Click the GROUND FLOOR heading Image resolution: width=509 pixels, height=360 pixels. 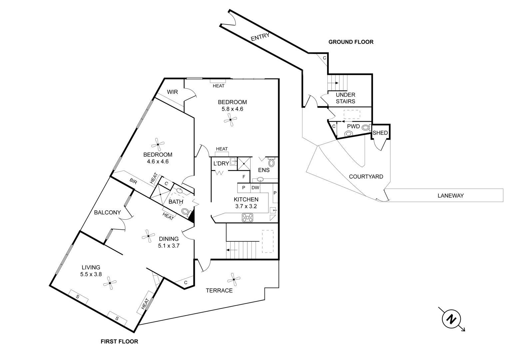[x=351, y=42]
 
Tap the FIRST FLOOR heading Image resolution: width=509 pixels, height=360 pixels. [x=119, y=341]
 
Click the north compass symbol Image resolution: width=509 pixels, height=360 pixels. [x=451, y=319]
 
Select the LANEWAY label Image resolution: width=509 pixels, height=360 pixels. [x=450, y=196]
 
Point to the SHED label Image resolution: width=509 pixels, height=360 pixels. [x=380, y=133]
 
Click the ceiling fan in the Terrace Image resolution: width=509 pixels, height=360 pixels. [x=234, y=279]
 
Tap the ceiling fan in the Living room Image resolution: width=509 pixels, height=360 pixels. [x=110, y=283]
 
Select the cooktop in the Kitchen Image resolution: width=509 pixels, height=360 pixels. [x=248, y=218]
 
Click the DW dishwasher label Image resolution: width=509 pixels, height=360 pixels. [x=255, y=188]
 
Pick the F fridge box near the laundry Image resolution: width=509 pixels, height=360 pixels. [x=244, y=177]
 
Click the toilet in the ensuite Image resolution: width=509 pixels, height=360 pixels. [x=271, y=163]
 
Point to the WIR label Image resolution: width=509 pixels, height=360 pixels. [x=172, y=92]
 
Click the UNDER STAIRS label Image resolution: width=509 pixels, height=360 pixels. [x=345, y=98]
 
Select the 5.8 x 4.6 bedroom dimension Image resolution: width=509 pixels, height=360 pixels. [x=232, y=109]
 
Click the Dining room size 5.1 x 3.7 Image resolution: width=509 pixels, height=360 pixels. [x=169, y=246]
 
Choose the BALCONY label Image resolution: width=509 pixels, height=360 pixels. [x=107, y=212]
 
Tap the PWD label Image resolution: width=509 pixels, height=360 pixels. [x=353, y=126]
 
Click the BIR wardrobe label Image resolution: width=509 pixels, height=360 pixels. [x=133, y=181]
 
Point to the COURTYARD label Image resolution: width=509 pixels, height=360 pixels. [x=366, y=177]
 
